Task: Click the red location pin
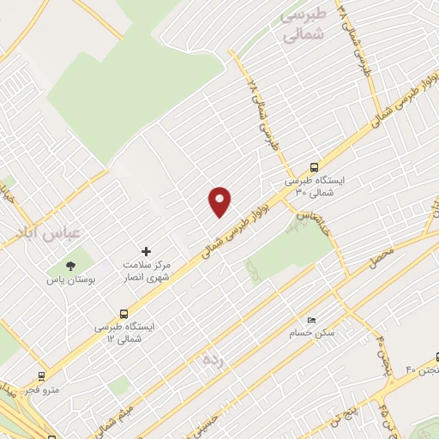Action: tap(220, 201)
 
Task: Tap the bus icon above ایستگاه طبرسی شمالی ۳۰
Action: tap(314, 168)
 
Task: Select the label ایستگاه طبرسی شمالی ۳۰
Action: tap(314, 188)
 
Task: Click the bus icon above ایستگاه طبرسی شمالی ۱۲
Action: tap(125, 314)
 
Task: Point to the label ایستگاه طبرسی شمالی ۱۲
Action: tap(125, 334)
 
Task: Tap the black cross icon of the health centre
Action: tap(146, 252)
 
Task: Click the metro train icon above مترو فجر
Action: tap(41, 376)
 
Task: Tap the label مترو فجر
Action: tap(41, 390)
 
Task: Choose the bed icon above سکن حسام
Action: tap(311, 318)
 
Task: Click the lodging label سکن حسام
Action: tap(337, 331)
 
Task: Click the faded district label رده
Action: tap(213, 358)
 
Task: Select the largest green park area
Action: tap(137, 77)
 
